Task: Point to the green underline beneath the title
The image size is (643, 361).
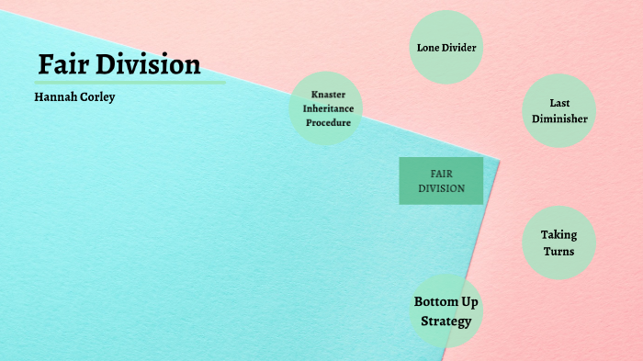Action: (130, 83)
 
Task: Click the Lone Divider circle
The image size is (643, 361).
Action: (446, 47)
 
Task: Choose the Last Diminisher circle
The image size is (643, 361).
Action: (559, 111)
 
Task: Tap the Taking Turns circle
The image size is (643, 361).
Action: (558, 243)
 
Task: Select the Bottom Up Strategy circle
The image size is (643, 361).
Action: (446, 311)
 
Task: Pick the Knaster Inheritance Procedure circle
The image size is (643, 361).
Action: (327, 108)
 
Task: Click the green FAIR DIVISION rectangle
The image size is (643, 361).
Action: (441, 180)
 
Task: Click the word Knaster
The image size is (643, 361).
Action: (328, 95)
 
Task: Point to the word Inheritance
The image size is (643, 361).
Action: (328, 108)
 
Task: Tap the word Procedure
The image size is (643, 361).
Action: (328, 122)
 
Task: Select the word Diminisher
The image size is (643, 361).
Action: (559, 118)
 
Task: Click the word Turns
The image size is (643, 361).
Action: (558, 251)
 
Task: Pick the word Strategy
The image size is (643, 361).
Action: (446, 321)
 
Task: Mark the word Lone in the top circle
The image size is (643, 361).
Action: (429, 47)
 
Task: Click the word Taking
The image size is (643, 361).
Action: (558, 234)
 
